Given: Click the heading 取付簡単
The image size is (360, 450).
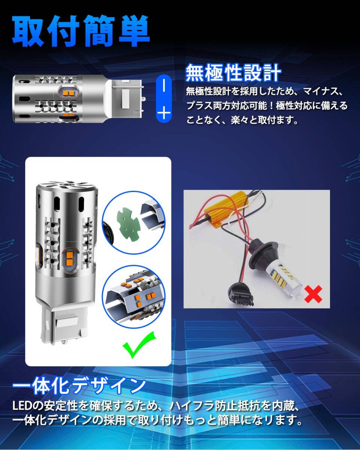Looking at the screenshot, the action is pos(81,31).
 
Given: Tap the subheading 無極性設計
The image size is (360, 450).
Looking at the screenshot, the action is pos(233,73).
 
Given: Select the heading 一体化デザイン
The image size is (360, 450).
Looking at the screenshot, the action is pos(79,385).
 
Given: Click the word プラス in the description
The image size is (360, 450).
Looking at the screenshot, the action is pos(199,106).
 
